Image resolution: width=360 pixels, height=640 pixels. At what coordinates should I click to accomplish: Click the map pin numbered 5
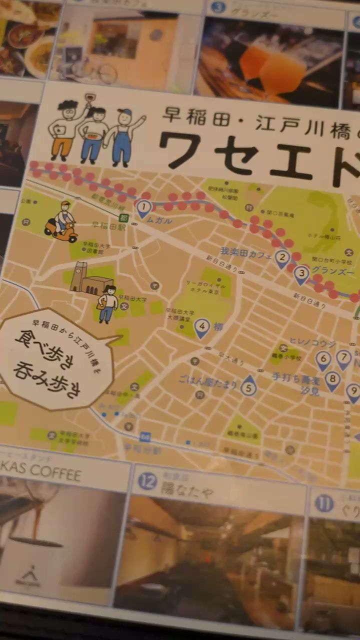point(248,386)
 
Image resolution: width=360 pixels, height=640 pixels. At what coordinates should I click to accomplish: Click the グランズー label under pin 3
point(333,273)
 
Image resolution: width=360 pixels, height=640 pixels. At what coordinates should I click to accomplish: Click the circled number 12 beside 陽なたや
point(147,481)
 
